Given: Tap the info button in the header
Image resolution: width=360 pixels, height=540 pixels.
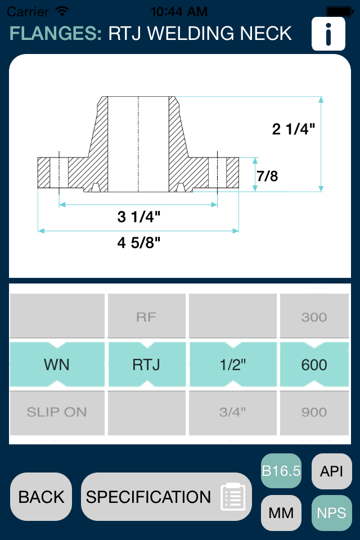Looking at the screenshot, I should (328, 34).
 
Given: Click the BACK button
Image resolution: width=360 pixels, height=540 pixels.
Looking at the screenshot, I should (41, 497).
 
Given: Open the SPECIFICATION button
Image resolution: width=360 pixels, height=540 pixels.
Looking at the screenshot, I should (166, 497).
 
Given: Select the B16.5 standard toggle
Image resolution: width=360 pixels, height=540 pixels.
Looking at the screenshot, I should (281, 471).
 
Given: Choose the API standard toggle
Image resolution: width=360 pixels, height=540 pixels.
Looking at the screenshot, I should (331, 471).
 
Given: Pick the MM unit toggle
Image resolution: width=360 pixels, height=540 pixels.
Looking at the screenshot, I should (281, 513).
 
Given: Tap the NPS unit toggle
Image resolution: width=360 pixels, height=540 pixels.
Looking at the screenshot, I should (331, 513).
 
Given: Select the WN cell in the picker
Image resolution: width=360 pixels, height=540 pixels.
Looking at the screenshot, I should (57, 364).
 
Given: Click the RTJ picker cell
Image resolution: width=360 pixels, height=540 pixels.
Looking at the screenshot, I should (146, 364).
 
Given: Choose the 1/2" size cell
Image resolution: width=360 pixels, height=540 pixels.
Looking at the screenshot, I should (232, 364).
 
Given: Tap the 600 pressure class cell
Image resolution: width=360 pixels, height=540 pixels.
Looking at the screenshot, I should (314, 364).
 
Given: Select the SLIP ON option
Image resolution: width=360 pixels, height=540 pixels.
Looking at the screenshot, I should (57, 412).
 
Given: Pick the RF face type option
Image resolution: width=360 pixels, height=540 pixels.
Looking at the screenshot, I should (146, 317).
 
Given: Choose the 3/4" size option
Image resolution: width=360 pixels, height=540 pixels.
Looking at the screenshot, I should (232, 412).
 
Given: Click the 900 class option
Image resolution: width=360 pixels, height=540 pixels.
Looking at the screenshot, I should (314, 412).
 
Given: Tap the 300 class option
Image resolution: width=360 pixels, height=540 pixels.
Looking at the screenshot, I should (314, 317).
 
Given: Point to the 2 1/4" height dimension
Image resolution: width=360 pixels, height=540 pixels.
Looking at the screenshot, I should (293, 129).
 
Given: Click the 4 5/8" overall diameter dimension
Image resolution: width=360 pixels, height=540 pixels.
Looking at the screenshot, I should (139, 243).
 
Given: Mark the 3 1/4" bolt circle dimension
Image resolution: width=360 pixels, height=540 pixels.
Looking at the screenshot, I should (139, 217).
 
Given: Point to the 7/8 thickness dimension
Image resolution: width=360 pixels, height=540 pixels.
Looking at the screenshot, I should (267, 176).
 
